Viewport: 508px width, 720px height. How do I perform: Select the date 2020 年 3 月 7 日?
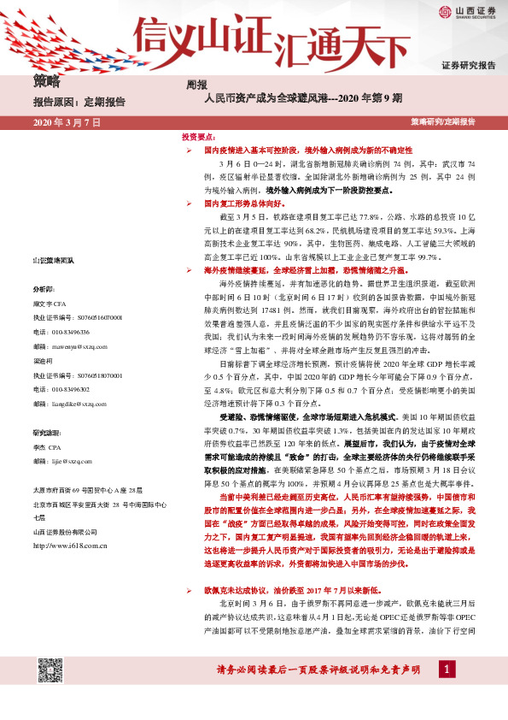click(67, 122)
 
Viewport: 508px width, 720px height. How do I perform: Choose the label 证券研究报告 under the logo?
click(468, 65)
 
